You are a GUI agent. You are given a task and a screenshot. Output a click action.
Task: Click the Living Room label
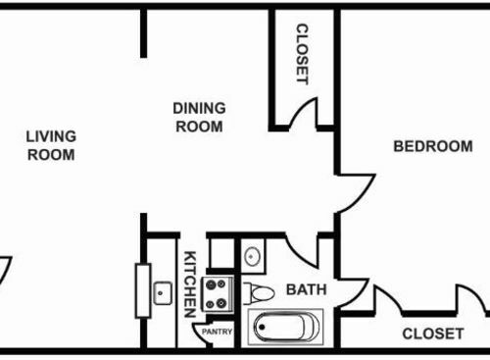point(51,145)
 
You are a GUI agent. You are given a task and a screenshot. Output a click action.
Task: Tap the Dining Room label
point(199,118)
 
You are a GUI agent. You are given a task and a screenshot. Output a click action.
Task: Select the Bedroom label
point(433,146)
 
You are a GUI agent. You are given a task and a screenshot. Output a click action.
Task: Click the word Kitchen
point(190,284)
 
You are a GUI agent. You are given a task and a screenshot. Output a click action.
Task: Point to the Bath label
point(307,289)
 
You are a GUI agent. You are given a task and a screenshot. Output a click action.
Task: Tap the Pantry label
point(217,332)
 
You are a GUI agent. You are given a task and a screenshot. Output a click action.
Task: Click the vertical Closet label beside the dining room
point(302,54)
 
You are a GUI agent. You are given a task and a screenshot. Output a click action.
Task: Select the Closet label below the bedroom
point(433,334)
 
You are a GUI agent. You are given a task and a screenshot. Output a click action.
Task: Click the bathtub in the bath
point(285,327)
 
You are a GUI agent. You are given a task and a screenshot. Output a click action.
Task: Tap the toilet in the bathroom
point(259,293)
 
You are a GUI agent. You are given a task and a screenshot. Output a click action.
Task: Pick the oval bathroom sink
point(252,256)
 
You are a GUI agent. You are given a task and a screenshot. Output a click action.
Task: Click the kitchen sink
point(163,293)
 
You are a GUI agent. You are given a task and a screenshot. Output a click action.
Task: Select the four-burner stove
point(217,294)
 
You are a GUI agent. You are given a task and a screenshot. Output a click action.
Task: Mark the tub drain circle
point(262,327)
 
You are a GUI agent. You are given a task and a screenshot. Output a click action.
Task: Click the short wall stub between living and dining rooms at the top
point(143,33)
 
